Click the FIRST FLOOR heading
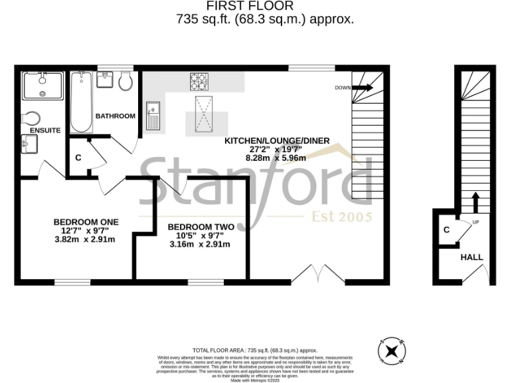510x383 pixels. (x=264, y=7)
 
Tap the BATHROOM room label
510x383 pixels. (x=115, y=116)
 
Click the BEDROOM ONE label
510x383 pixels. (x=86, y=221)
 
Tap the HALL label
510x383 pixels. (x=471, y=257)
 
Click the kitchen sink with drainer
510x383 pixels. (x=152, y=116)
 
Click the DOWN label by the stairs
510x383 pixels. (x=343, y=88)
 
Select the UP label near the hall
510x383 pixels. (x=475, y=222)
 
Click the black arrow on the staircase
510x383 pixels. (x=475, y=201)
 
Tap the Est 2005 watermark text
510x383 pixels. (x=342, y=217)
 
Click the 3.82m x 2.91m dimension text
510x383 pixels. (x=86, y=239)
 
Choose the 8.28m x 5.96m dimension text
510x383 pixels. (x=276, y=158)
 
